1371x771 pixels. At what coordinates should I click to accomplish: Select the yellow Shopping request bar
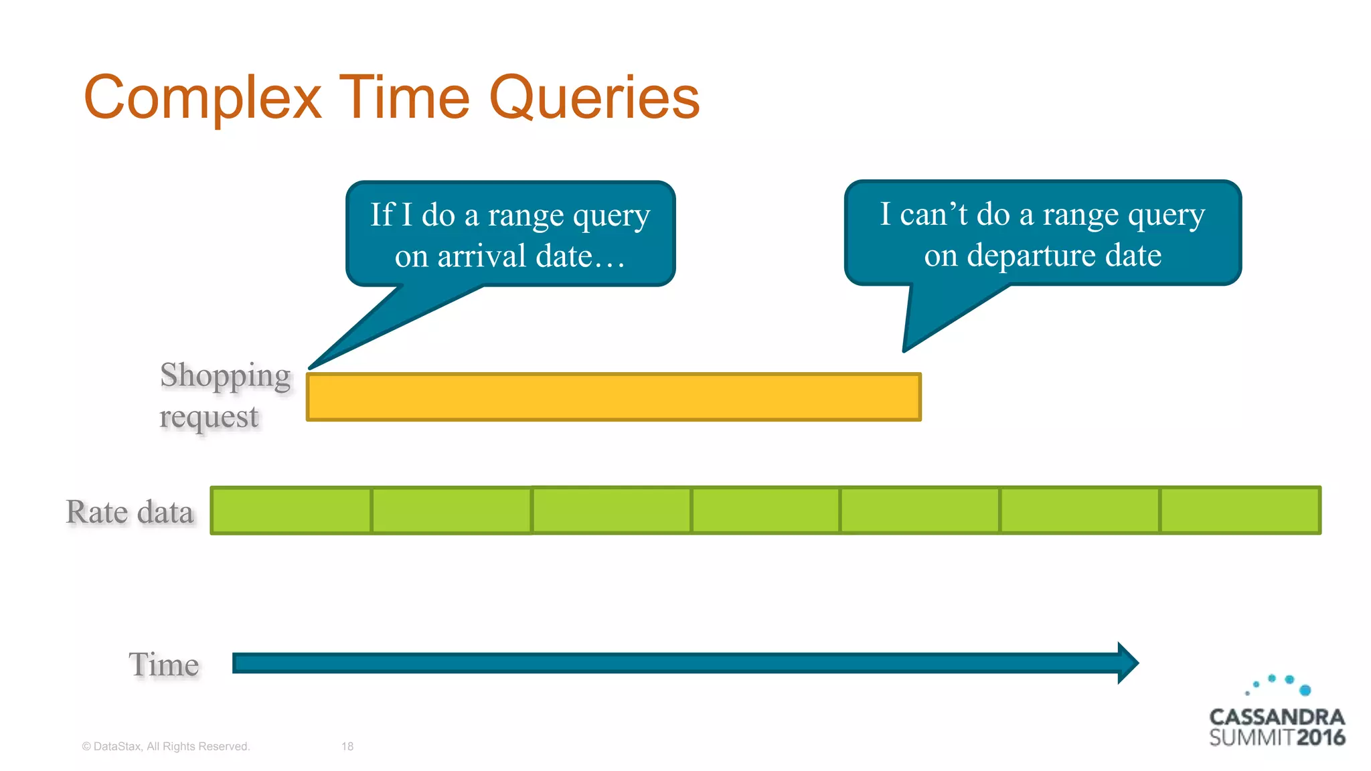(x=613, y=397)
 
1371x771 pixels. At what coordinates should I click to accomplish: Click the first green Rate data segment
(x=291, y=511)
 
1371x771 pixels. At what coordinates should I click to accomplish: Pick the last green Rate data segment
(x=1240, y=511)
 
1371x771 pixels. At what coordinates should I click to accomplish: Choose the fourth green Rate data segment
(x=765, y=511)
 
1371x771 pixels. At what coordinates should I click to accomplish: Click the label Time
(x=164, y=665)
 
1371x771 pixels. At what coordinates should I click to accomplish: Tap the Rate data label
(x=130, y=512)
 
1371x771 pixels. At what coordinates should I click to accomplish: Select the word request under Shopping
(x=209, y=417)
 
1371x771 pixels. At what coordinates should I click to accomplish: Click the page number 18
(x=347, y=746)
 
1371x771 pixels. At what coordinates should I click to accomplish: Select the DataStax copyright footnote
(x=165, y=746)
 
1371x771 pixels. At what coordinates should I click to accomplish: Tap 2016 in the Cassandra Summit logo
(x=1320, y=738)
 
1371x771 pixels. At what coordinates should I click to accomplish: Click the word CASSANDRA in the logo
(x=1277, y=717)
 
